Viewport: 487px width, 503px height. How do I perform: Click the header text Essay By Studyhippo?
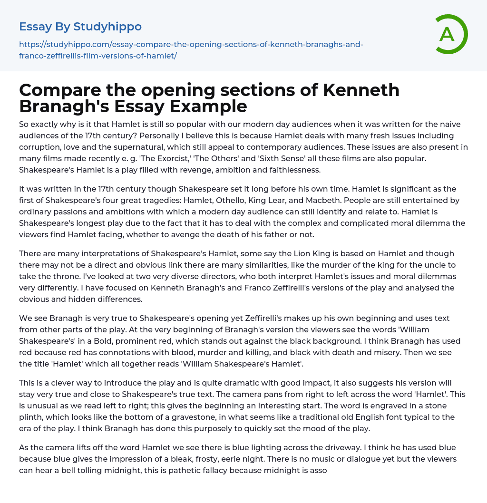(x=80, y=26)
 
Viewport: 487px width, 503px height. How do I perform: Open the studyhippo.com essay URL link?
(x=191, y=50)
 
